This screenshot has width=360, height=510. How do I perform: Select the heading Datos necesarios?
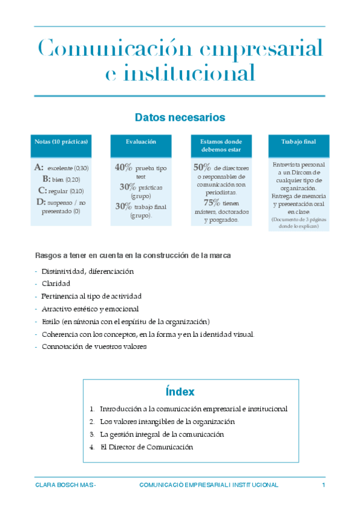[180, 117]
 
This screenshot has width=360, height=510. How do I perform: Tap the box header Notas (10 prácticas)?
[61, 141]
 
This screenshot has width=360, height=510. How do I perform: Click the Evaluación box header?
[141, 141]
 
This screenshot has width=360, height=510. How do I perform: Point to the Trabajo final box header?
[298, 141]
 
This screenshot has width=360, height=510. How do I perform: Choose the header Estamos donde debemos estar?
[219, 145]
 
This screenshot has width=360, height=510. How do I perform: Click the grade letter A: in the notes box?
[39, 167]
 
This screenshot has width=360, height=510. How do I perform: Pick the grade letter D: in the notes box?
[41, 202]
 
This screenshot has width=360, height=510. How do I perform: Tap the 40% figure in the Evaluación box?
[124, 168]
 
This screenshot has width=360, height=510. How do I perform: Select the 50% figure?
[202, 168]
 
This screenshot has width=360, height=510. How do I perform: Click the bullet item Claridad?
[56, 283]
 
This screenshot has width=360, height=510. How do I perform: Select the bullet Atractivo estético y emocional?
[90, 309]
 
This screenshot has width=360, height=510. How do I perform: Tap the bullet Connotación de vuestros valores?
[94, 346]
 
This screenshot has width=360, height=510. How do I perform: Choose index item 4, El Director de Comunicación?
[146, 447]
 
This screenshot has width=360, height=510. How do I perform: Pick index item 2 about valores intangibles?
[167, 422]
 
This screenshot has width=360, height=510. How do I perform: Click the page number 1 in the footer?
[323, 485]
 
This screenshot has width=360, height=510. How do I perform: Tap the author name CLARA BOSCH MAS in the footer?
[65, 485]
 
